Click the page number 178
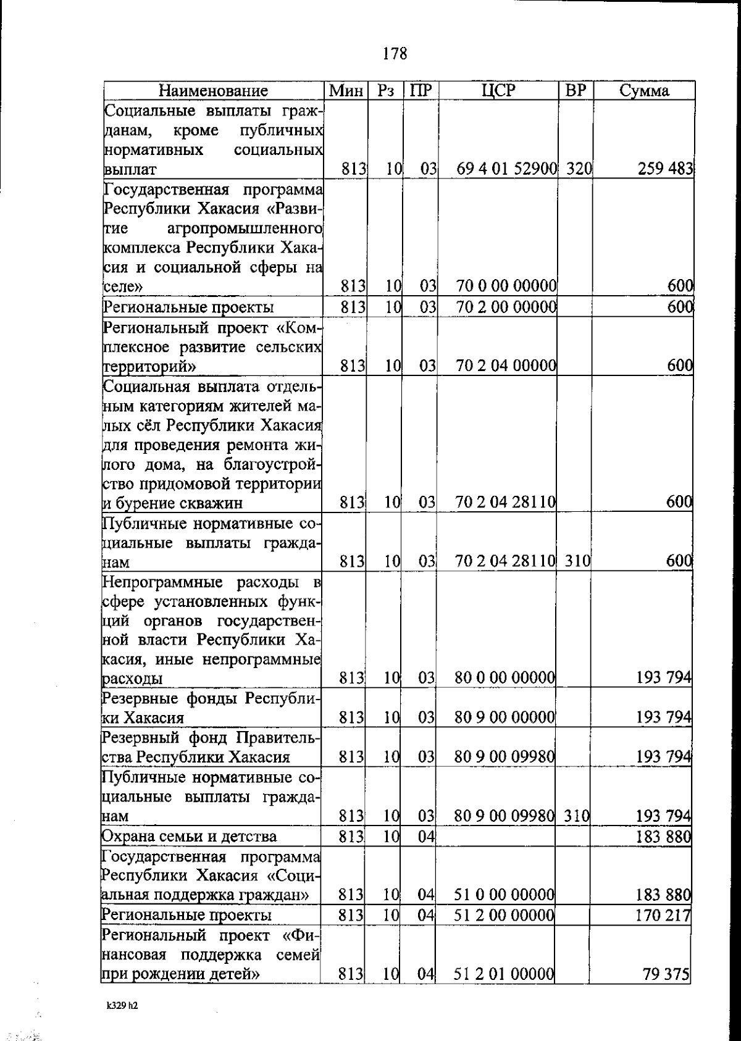point(395,54)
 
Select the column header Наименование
point(214,91)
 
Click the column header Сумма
point(644,91)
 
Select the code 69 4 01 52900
point(507,169)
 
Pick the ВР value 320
point(579,169)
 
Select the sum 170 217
point(663,915)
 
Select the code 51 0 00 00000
point(504,895)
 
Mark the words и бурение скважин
point(172,503)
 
